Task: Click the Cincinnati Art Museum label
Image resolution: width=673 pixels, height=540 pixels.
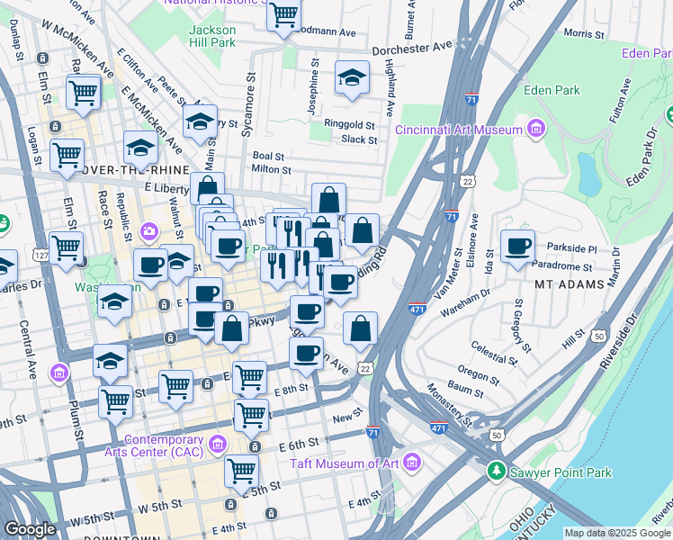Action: [x=459, y=130]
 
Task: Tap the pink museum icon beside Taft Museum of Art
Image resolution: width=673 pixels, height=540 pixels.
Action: [x=412, y=463]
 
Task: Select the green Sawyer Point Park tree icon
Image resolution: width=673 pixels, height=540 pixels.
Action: [x=496, y=472]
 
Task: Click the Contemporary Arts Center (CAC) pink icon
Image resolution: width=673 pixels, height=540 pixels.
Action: [x=216, y=444]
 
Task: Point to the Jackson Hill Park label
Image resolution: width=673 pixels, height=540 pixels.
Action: [x=212, y=35]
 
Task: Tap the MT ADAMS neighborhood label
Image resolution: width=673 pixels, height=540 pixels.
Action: [x=566, y=284]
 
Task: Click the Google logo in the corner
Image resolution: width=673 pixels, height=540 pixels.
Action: [x=30, y=529]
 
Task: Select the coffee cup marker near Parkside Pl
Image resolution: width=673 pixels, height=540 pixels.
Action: [x=517, y=246]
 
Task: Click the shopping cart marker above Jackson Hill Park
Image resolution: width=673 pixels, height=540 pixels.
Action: [x=283, y=14]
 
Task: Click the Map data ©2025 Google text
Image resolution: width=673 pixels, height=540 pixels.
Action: [x=616, y=533]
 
